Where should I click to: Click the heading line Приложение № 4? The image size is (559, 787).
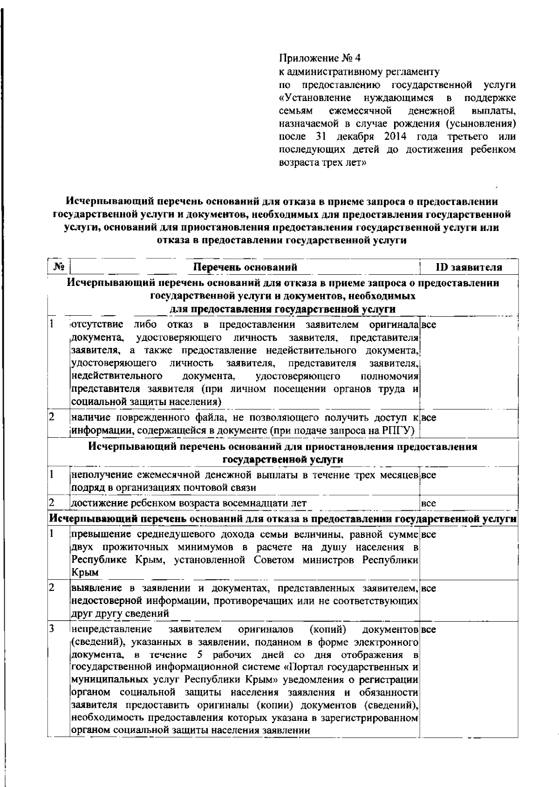pyautogui.click(x=320, y=59)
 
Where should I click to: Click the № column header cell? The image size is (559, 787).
pyautogui.click(x=59, y=267)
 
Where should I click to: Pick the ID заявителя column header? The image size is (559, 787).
pyautogui.click(x=469, y=267)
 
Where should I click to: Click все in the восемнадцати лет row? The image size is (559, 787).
pyautogui.click(x=429, y=503)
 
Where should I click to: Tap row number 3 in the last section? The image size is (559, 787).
pyautogui.click(x=53, y=629)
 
